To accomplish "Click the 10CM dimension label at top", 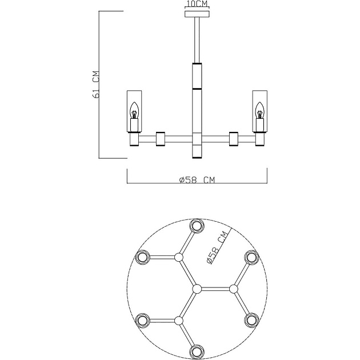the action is (x=197, y=4).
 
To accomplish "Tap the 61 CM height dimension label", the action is (x=96, y=85).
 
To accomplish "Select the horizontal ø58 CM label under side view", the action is (x=197, y=180).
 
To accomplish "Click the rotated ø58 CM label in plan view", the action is (x=217, y=247).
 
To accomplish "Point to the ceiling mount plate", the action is (x=197, y=14).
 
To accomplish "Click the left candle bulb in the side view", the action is (x=134, y=111).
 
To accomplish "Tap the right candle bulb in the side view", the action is (x=259, y=111).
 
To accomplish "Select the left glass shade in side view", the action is (x=134, y=111).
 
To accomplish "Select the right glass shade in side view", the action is (x=259, y=111).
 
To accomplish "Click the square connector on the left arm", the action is (x=161, y=139).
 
